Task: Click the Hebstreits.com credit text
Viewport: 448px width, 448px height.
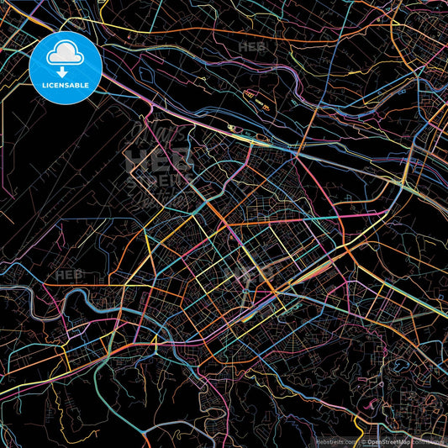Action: [x=335, y=440]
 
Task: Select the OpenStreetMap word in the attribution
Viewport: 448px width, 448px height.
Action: [x=387, y=440]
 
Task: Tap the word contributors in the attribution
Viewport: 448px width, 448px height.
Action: [x=425, y=440]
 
